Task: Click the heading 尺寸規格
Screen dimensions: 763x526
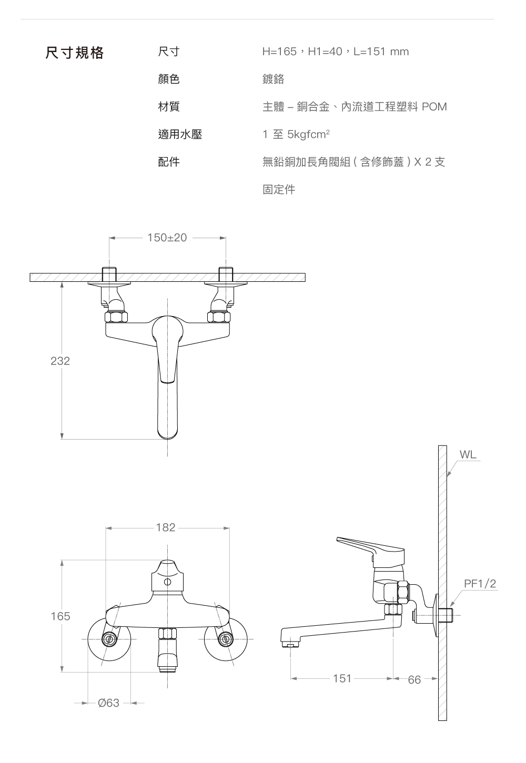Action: (x=74, y=53)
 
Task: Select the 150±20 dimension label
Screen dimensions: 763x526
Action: (x=167, y=238)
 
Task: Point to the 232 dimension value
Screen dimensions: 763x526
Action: (x=60, y=361)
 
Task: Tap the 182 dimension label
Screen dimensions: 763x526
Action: (x=166, y=527)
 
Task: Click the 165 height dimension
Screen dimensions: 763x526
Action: (x=60, y=616)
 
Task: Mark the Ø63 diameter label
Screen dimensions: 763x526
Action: (x=108, y=703)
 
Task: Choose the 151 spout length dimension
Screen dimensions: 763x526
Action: (x=342, y=678)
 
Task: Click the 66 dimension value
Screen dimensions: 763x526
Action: (x=414, y=680)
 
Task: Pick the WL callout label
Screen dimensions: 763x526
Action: (x=468, y=455)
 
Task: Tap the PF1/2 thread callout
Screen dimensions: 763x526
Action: (x=480, y=584)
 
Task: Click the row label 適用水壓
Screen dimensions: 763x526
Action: (x=180, y=135)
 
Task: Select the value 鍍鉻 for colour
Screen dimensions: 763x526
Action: (x=273, y=79)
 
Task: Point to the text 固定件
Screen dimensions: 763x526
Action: (x=279, y=189)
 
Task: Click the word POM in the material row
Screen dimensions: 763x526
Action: (x=434, y=107)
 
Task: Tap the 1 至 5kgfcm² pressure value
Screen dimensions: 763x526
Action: (x=296, y=135)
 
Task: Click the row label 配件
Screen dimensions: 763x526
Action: (x=169, y=162)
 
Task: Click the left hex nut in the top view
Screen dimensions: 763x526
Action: (x=116, y=317)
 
